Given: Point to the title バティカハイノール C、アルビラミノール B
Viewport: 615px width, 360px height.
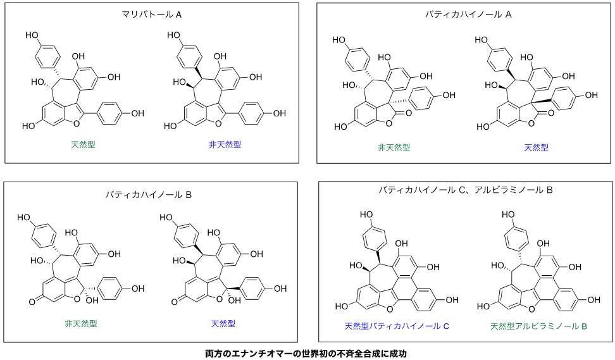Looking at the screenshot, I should [x=466, y=190].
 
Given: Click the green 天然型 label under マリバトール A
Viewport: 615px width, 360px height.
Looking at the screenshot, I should [x=82, y=145].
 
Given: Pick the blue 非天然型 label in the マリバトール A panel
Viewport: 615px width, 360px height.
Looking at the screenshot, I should [x=225, y=145].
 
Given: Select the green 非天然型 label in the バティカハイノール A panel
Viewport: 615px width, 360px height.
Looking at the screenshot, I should [x=394, y=147].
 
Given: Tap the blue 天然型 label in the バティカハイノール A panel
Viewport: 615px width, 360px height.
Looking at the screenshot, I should [x=536, y=147].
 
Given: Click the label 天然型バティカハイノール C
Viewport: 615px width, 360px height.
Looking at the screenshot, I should [x=397, y=326].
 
